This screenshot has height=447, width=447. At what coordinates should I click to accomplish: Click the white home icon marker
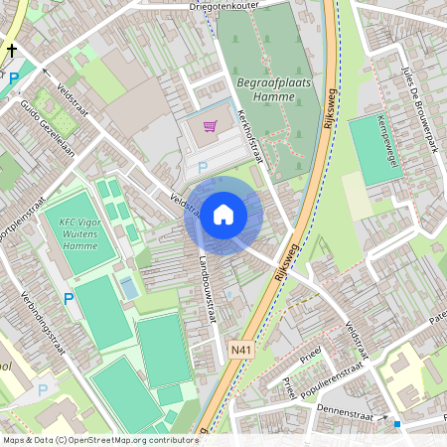point(223,214)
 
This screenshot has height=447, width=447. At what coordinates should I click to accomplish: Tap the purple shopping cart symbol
point(210,126)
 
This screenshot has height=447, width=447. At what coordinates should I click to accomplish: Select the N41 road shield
point(240,349)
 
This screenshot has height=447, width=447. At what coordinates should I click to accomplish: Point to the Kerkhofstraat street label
point(253,136)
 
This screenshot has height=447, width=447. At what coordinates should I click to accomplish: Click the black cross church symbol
point(13,51)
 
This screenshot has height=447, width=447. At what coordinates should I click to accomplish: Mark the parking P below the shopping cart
point(203,168)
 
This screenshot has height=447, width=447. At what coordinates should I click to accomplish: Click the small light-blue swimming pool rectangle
point(129,288)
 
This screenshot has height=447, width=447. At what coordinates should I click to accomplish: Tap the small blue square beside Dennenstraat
point(397,424)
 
